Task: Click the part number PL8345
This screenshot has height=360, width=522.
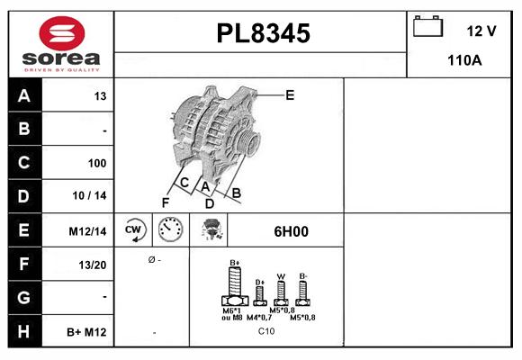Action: click(x=263, y=34)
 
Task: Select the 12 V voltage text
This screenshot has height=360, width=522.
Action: click(x=481, y=31)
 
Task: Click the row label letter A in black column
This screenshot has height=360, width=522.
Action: click(x=23, y=96)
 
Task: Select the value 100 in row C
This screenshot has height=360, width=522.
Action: click(x=96, y=163)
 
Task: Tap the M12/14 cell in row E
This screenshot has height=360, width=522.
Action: click(x=88, y=231)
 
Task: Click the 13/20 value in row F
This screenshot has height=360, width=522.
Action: click(x=93, y=265)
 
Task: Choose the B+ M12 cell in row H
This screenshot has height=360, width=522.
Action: click(x=87, y=332)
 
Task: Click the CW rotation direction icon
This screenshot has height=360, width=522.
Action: click(x=134, y=230)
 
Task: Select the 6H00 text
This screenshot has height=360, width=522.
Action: click(x=291, y=231)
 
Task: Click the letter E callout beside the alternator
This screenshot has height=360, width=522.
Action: click(x=290, y=94)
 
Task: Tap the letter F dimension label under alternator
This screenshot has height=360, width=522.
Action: click(x=166, y=202)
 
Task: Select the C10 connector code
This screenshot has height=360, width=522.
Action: click(x=266, y=331)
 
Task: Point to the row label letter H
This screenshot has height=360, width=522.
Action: click(x=23, y=332)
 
